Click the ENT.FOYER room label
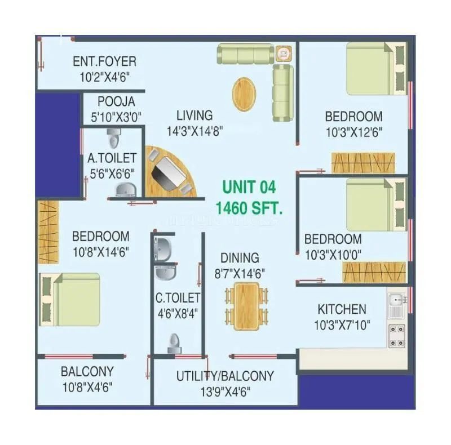[104, 61]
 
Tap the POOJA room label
[116, 102]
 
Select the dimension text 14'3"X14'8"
[194, 130]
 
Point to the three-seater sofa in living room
[245, 55]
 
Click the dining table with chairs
[246, 306]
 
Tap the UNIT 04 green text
[249, 187]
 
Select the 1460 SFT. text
[249, 207]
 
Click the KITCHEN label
[342, 309]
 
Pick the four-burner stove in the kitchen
[396, 335]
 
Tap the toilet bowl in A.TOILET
[114, 137]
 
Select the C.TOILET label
[178, 297]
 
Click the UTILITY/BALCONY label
[225, 376]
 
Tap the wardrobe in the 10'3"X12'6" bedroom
[362, 163]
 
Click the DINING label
[240, 258]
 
